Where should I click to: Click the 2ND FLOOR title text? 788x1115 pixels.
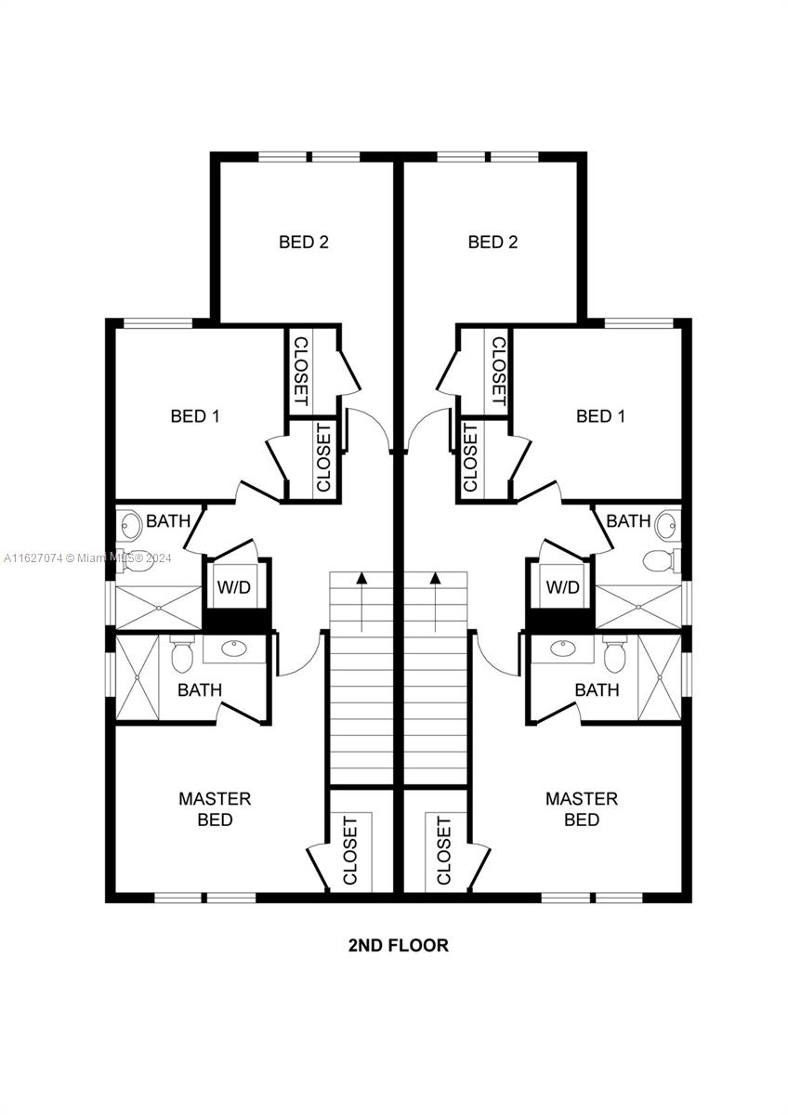[398, 946]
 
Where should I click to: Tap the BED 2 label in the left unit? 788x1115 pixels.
[304, 243]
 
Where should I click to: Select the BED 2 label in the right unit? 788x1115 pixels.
[492, 243]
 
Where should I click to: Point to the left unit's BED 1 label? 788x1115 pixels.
[195, 416]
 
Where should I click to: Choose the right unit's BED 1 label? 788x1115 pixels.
[600, 416]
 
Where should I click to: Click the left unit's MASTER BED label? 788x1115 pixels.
[215, 809]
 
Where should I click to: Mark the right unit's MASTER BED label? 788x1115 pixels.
[582, 809]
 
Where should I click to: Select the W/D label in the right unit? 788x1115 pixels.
[562, 588]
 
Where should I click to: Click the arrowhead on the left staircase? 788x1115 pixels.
[361, 579]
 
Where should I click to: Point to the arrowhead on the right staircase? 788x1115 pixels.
[435, 579]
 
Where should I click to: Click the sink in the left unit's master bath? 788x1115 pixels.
[233, 648]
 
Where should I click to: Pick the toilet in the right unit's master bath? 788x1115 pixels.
[614, 655]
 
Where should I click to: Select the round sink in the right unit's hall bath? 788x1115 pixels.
[667, 526]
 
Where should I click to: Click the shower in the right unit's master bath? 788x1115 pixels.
[660, 676]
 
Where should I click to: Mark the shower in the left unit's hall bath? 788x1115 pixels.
[159, 608]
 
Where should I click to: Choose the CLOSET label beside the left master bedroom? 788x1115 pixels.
[350, 850]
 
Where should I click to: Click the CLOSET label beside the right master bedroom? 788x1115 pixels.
[444, 850]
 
